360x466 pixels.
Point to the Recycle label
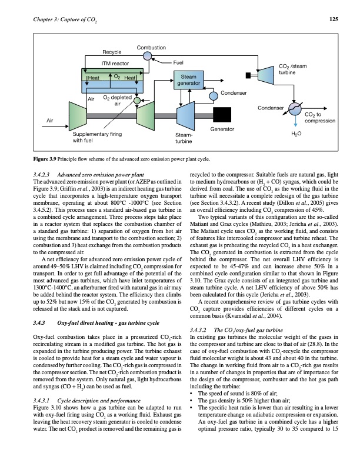[112, 53]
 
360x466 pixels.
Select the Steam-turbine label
[184, 138]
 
